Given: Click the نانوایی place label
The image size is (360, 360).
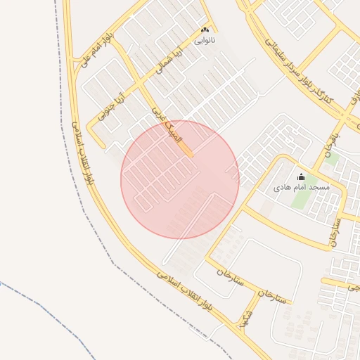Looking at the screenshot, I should click(x=205, y=41).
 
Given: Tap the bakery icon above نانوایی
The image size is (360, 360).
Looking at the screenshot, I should click(x=205, y=31).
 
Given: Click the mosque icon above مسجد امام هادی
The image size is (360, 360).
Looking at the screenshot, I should click(x=302, y=176).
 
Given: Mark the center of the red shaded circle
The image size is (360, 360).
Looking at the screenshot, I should click(x=180, y=179).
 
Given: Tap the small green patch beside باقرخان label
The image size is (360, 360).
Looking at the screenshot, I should click(x=332, y=160).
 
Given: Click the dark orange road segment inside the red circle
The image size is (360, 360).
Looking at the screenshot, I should click(x=186, y=150).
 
